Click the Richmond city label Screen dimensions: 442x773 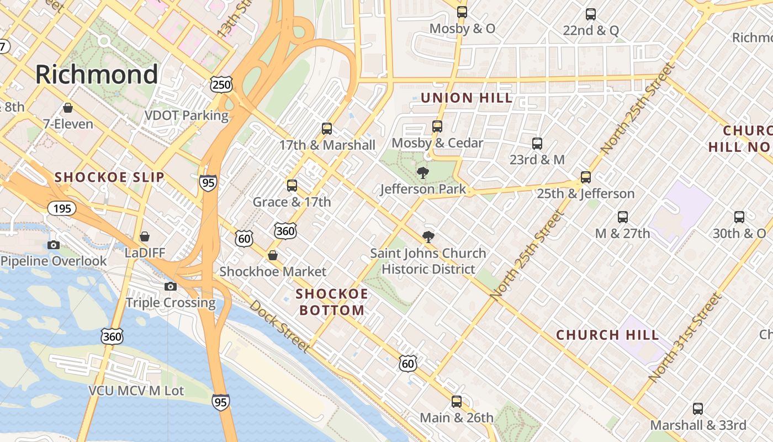click(97, 74)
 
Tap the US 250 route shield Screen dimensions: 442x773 click(221, 85)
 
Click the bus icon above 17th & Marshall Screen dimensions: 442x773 click(327, 129)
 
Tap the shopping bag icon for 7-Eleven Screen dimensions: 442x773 click(68, 107)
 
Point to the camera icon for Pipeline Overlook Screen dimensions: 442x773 click(54, 245)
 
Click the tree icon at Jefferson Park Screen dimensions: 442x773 click(423, 173)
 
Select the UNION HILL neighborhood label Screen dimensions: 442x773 click(467, 98)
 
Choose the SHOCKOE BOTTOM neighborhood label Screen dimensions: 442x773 click(332, 302)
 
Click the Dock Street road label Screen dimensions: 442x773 click(279, 326)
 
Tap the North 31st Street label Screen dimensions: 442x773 click(685, 338)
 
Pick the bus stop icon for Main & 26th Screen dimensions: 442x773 click(457, 401)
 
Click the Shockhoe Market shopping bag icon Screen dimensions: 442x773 click(273, 255)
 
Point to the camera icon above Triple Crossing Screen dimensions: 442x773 click(171, 286)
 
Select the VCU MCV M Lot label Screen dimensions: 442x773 click(136, 391)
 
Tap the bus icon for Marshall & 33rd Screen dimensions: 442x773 click(698, 409)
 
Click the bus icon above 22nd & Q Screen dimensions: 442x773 click(591, 14)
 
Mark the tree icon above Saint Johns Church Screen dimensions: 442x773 click(428, 237)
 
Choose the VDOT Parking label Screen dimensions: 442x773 click(186, 115)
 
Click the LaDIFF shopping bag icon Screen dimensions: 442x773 click(145, 236)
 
